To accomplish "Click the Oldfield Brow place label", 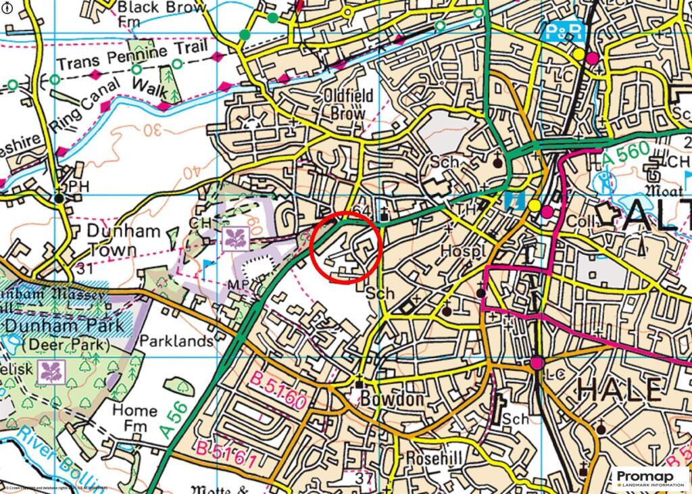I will click(348, 105).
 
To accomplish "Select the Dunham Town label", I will click(124, 241).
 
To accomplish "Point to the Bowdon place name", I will click(392, 399).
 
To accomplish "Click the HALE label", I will click(619, 390).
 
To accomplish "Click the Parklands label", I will click(176, 341).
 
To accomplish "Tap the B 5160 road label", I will click(280, 390).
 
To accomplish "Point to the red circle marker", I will click(347, 246).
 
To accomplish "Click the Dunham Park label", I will click(64, 325).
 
